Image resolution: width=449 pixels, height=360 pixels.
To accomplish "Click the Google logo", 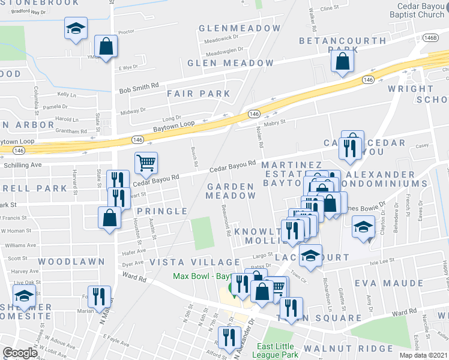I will click(20, 353).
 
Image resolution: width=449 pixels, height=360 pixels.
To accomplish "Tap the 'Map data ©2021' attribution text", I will click(424, 355).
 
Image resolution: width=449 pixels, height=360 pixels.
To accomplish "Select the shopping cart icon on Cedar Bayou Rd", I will click(146, 162).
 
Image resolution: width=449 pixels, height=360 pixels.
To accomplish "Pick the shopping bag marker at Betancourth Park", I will click(342, 61).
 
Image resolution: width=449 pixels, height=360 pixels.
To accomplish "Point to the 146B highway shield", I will click(429, 37).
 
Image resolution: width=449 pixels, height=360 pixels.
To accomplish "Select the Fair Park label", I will click(199, 94).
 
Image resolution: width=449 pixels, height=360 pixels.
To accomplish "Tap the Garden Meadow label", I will click(231, 191).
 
